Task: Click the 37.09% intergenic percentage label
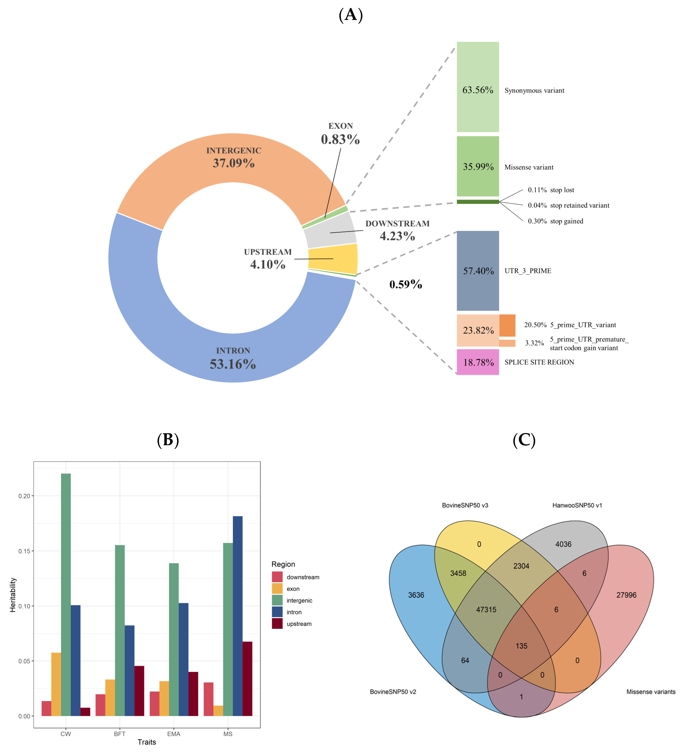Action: pyautogui.click(x=234, y=163)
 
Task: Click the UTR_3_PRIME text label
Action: pyautogui.click(x=528, y=271)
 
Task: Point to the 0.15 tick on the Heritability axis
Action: pyautogui.click(x=25, y=551)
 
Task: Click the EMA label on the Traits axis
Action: pyautogui.click(x=174, y=734)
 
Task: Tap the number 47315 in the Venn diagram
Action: pyautogui.click(x=486, y=609)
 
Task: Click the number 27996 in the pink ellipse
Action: pyautogui.click(x=626, y=595)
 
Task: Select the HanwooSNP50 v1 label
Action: pyautogui.click(x=577, y=505)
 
